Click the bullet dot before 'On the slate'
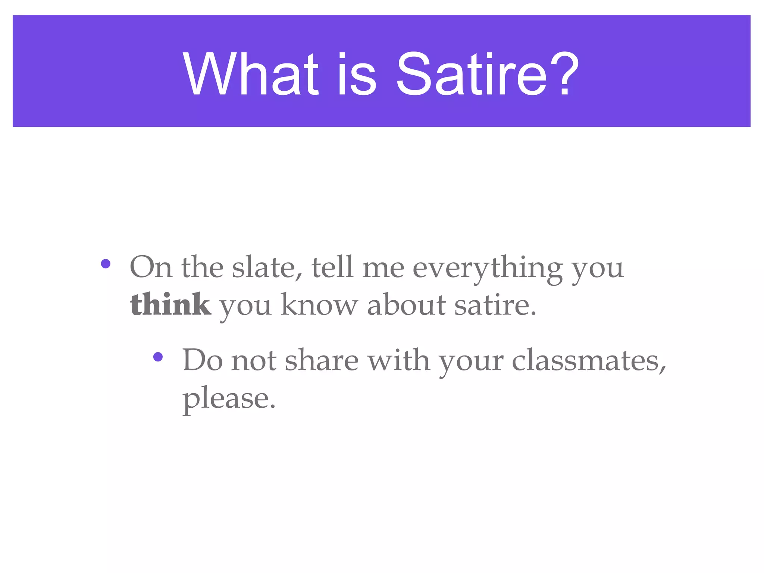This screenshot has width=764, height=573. (106, 264)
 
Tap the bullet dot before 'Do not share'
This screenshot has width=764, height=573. (158, 357)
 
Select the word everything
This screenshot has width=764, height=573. (488, 268)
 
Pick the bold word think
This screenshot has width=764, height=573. (170, 305)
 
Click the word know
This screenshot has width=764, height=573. (319, 305)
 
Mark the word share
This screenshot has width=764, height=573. (322, 360)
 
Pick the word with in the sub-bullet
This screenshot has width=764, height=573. (398, 360)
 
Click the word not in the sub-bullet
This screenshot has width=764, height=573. (254, 360)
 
